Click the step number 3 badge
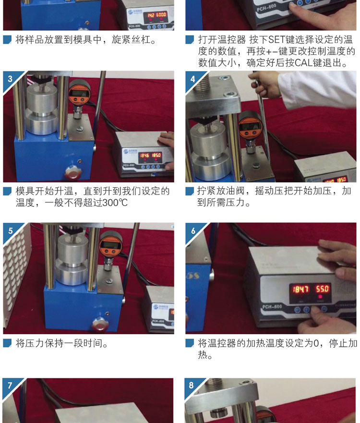tap(10, 79)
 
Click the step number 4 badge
tap(192, 79)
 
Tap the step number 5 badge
tap(10, 231)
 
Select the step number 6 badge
tap(193, 231)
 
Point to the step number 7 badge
tap(10, 385)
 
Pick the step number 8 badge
tap(191, 385)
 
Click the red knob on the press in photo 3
tap(73, 172)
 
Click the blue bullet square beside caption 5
tap(7, 343)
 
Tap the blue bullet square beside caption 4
tap(190, 191)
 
